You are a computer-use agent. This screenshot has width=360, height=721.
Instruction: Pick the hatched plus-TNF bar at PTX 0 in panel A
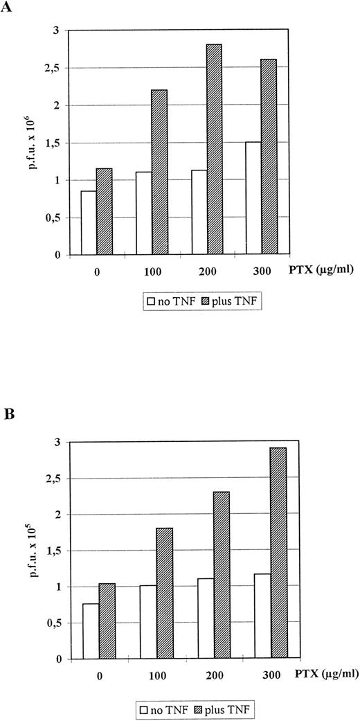[x=104, y=211]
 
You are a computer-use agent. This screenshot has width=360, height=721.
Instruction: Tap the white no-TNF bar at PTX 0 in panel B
[x=91, y=631]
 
